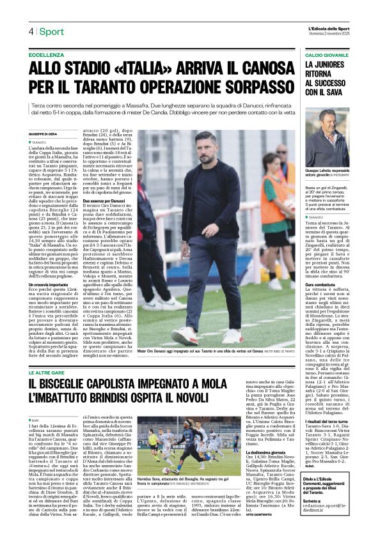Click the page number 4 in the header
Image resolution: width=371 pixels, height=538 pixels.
click(30, 32)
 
